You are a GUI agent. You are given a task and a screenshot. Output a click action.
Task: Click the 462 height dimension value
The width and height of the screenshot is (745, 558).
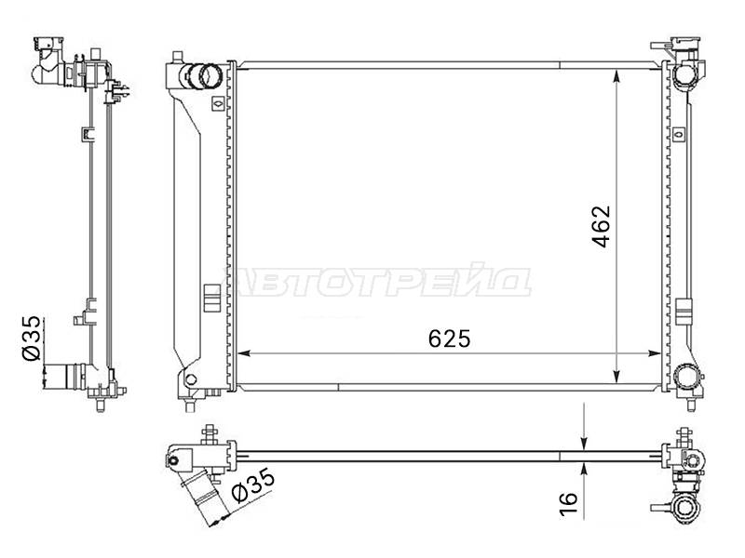point(601,226)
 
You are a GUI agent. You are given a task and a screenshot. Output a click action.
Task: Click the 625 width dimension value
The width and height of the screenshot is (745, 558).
point(449,339)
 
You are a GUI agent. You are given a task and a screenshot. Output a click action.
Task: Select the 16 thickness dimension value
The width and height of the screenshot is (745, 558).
point(568,503)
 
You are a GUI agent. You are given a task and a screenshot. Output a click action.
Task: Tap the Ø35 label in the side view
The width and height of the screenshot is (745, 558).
point(33,339)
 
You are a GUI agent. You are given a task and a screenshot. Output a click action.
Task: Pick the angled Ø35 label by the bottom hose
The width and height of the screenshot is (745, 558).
point(252,485)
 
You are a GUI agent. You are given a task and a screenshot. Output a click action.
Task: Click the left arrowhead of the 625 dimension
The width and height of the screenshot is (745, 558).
point(244,353)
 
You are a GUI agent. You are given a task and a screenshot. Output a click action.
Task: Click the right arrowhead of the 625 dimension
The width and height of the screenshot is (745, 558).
point(654,353)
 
